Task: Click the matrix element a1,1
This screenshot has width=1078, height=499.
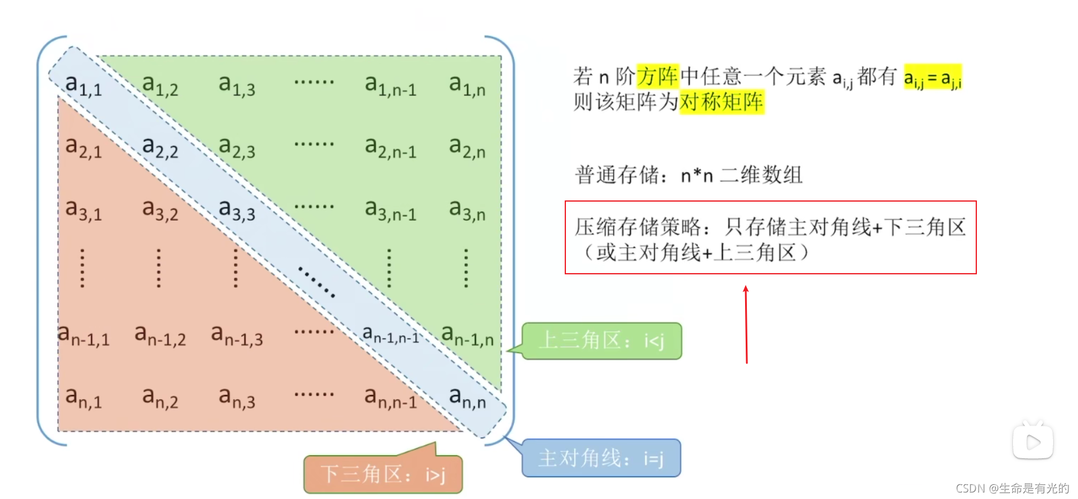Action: click(83, 85)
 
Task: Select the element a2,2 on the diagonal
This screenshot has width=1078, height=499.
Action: click(160, 148)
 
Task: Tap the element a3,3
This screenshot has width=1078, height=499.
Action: click(237, 210)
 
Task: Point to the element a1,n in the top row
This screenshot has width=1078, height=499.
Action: click(467, 85)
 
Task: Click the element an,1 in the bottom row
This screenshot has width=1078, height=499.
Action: click(83, 397)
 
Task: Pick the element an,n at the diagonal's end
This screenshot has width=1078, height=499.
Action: click(467, 397)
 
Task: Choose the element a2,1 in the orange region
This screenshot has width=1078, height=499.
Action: click(83, 148)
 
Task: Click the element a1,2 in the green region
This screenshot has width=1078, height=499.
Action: click(160, 85)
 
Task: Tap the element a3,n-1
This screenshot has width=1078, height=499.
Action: click(390, 210)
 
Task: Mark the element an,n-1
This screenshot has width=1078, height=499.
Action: click(390, 397)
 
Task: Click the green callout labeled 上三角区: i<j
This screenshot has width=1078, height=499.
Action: click(602, 341)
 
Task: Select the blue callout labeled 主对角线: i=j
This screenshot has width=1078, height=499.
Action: click(601, 458)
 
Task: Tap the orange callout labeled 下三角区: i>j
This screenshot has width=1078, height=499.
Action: click(383, 474)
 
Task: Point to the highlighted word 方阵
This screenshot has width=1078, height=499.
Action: click(658, 76)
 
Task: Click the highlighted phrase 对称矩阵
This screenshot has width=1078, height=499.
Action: click(721, 102)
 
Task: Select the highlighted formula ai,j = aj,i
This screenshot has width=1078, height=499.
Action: click(933, 77)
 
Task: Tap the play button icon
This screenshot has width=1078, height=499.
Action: click(1033, 442)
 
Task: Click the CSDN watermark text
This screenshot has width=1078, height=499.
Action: click(1012, 488)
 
